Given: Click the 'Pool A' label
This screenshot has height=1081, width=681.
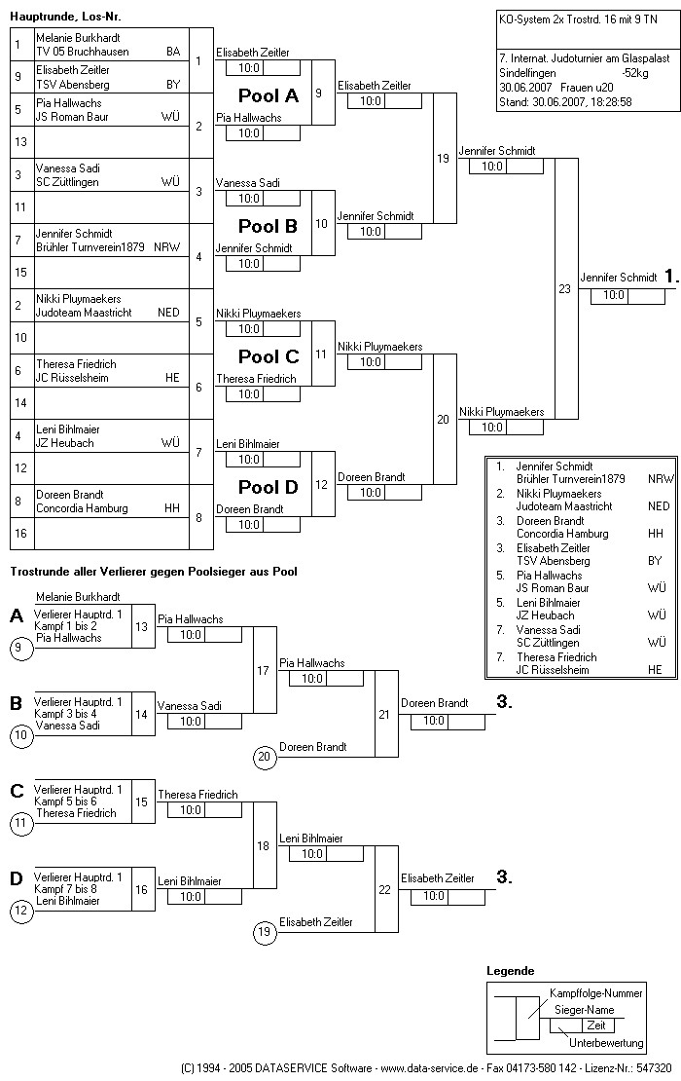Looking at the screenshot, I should pyautogui.click(x=269, y=96).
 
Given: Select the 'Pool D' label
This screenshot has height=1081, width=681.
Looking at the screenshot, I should pyautogui.click(x=269, y=487).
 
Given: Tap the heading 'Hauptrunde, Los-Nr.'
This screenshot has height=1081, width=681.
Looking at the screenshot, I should pyautogui.click(x=66, y=17).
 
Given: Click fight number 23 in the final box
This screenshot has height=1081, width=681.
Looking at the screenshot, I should pyautogui.click(x=565, y=288).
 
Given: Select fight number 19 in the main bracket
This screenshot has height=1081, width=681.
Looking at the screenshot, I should pyautogui.click(x=444, y=159).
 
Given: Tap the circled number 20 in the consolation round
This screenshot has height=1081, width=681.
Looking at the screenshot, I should pyautogui.click(x=264, y=756).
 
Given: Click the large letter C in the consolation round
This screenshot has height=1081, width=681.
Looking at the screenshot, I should pyautogui.click(x=17, y=791).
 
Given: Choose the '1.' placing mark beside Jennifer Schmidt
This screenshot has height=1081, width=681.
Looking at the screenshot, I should pyautogui.click(x=670, y=277).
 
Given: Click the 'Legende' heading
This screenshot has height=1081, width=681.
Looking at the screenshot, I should pyautogui.click(x=510, y=971).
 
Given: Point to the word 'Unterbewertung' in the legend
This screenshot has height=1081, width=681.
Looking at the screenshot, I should pyautogui.click(x=606, y=1043).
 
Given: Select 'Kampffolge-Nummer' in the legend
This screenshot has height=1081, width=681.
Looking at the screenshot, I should pyautogui.click(x=595, y=993).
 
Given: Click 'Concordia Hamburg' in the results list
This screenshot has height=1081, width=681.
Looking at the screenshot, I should pyautogui.click(x=561, y=534).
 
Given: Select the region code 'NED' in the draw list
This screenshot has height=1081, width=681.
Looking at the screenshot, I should pyautogui.click(x=168, y=313).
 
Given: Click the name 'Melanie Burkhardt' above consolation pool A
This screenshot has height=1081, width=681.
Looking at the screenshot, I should pyautogui.click(x=78, y=596).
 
